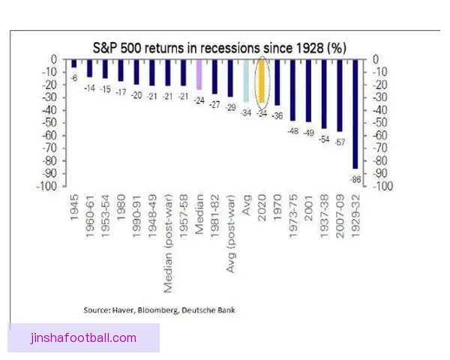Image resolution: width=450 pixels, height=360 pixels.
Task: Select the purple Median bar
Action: pos(199,74)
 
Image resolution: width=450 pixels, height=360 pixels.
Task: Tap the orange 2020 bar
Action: pos(262,81)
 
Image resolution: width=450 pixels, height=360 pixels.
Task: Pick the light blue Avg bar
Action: pos(246,81)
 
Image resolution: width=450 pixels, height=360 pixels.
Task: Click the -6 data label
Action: pos(74,77)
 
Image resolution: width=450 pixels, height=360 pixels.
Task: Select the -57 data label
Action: pos(339,142)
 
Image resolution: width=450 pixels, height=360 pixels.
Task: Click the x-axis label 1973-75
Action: pos(292,224)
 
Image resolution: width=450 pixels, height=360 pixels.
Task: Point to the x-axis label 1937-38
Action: pos(324,224)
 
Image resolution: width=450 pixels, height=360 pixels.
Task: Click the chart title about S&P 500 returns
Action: pos(219,46)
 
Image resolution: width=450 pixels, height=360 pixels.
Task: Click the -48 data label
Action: pos(292,130)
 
